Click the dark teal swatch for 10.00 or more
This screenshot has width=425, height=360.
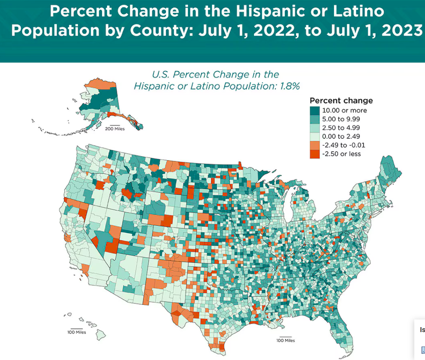[314, 110]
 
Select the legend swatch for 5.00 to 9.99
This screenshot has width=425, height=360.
[314, 119]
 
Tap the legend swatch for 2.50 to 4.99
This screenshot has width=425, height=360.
[314, 128]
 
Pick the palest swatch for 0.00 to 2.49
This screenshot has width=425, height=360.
[314, 136]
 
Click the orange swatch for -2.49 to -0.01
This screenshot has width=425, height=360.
[314, 145]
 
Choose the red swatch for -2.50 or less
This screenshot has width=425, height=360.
[314, 154]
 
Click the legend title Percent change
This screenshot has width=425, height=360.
[341, 101]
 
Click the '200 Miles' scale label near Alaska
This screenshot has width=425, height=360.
[115, 129]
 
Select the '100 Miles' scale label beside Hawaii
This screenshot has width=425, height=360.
[77, 332]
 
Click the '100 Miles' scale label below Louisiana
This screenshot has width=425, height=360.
[285, 340]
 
